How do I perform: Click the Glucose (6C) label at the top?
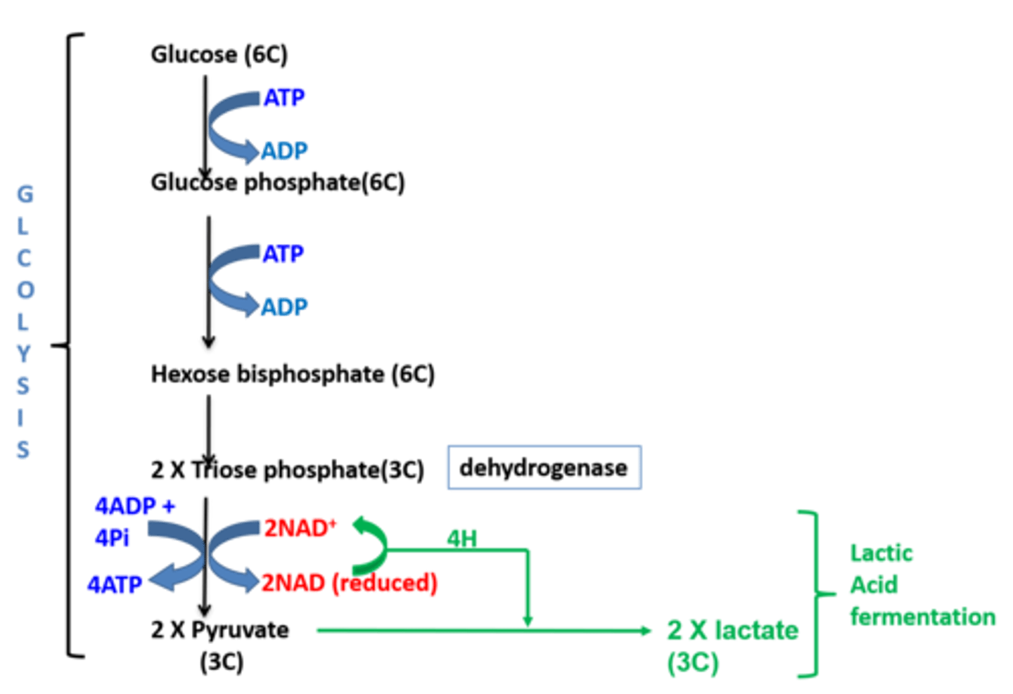219,55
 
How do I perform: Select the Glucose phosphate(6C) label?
277,183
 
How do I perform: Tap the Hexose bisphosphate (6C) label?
293,374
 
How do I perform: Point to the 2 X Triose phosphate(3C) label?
287,470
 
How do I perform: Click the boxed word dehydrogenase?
543,468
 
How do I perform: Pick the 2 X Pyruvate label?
220,630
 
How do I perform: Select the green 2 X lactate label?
732,630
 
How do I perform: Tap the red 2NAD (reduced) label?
349,583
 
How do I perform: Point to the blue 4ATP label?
115,584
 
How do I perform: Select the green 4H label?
461,538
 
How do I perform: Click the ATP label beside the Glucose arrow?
284,98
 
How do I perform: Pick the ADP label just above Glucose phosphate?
284,150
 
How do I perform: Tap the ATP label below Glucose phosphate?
283,254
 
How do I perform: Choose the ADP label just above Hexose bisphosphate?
284,307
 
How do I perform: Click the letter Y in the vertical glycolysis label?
24,354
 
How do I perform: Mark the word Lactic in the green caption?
881,553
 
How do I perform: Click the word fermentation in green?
923,617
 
